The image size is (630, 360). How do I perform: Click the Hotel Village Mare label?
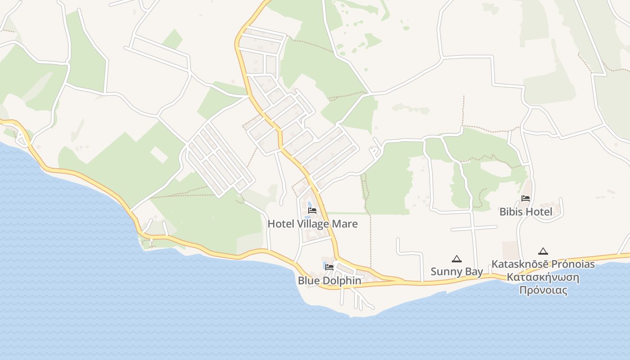tap(313, 224)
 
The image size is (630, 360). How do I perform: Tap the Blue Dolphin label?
tap(329, 280)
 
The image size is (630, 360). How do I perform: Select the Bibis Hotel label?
tap(526, 211)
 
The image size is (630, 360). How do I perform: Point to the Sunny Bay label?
tap(457, 271)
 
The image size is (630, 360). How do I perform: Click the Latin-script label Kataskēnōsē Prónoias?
tap(543, 264)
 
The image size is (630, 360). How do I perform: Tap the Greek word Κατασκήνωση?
tap(543, 277)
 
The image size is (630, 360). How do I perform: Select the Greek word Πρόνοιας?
tap(543, 290)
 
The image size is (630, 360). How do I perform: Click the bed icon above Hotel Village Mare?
tap(312, 211)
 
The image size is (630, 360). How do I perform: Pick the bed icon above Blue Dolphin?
tap(329, 267)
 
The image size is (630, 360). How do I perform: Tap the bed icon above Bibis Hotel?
tap(526, 198)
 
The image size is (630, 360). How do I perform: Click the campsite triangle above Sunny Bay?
tap(457, 259)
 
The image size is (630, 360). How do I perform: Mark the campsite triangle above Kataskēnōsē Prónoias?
tap(543, 251)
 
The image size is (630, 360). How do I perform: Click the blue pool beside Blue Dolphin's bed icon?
tap(324, 265)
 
